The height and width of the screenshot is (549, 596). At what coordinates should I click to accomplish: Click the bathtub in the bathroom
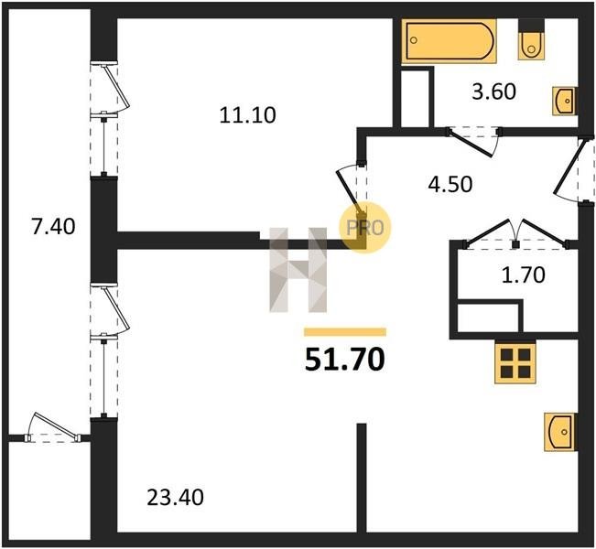[449, 40]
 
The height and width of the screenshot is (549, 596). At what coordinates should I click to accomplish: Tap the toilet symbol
[531, 46]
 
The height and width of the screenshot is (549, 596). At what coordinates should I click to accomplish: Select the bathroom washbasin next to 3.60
[565, 101]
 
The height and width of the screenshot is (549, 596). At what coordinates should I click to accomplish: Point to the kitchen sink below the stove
[559, 432]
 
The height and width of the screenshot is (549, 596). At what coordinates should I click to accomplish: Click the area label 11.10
[247, 115]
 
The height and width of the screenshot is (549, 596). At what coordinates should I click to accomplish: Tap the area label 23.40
[175, 498]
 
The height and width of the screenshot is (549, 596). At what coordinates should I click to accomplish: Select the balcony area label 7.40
[53, 227]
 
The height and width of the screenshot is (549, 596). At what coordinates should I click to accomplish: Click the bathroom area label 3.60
[493, 91]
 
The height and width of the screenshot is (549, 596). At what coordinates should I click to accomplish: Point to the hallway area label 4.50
[450, 184]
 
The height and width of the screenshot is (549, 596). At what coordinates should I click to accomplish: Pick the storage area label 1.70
[524, 275]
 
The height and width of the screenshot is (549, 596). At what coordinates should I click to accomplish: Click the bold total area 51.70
[345, 360]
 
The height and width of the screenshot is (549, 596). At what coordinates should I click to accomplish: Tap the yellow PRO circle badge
[365, 228]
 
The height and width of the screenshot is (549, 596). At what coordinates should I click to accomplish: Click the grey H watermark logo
[298, 270]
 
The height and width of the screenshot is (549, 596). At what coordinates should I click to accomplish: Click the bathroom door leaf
[471, 144]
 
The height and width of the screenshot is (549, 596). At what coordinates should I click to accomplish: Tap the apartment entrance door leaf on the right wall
[569, 167]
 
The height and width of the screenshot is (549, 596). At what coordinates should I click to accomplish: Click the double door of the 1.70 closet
[515, 232]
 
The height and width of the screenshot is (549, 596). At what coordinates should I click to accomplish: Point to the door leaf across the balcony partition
[56, 425]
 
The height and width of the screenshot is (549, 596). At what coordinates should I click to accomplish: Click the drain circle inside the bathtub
[415, 40]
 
